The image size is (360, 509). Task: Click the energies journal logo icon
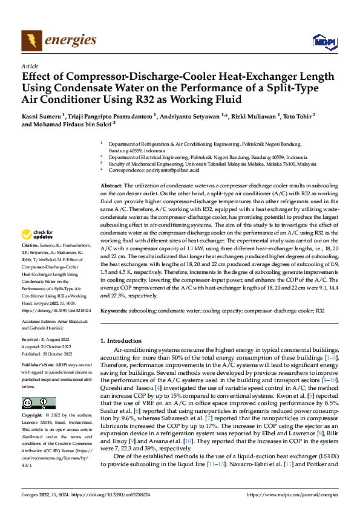[32, 41]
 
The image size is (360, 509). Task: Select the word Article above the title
[30, 66]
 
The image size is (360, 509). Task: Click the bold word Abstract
[111, 185]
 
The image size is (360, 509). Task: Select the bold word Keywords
[114, 310]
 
